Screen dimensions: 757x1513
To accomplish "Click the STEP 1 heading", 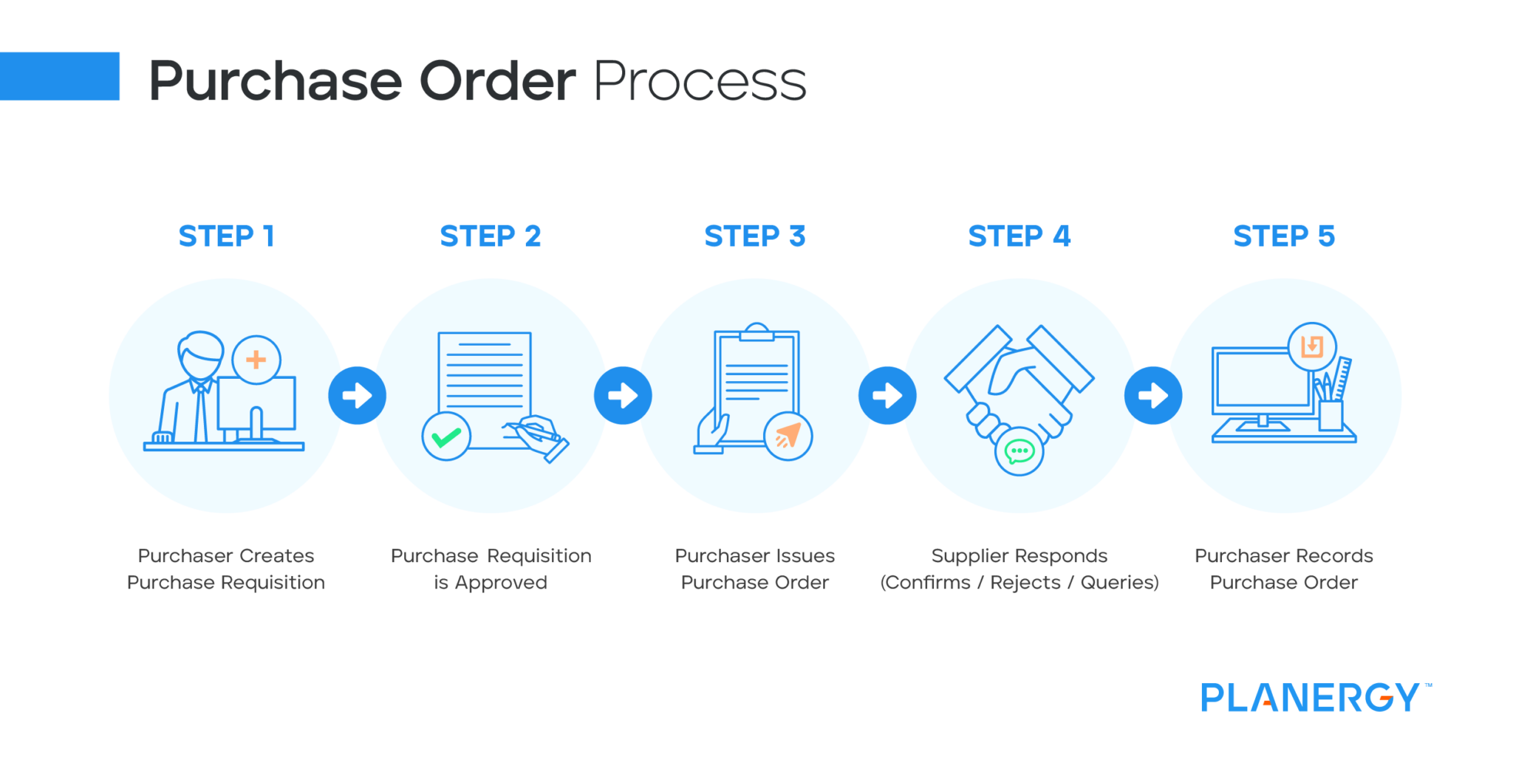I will pos(226,236).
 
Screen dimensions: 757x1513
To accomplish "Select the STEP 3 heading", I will pos(754,236).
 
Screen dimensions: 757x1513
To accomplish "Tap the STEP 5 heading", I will pos(1283,236).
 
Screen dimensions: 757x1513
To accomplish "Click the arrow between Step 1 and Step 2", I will pos(358,395).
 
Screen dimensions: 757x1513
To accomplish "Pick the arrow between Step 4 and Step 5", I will pos(1152,395).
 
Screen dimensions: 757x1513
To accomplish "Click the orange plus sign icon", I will pos(256,360).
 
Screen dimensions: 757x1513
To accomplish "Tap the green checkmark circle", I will pos(446,436).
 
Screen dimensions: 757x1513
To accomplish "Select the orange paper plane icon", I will pos(788,436).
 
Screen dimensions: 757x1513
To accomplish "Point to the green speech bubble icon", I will pos(1020,451).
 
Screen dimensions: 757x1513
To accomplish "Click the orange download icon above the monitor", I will pos(1312,346).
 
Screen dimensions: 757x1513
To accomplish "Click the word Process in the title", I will pos(699,81).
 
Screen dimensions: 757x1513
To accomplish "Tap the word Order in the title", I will pos(497,81).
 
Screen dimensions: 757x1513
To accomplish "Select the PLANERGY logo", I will pos(1311,697).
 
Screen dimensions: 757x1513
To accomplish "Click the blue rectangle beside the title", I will pos(59,76).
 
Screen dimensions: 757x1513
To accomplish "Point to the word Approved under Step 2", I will pos(501,583).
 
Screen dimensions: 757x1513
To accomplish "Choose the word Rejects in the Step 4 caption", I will pos(1025,583).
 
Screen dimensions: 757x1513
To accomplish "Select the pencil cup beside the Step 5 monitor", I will pos(1330,414).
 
